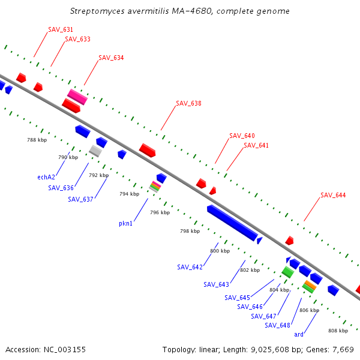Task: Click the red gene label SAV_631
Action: tap(61, 29)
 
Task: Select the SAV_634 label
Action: tap(111, 58)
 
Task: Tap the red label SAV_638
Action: tap(189, 103)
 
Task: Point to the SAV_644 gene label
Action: tap(333, 195)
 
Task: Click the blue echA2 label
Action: tap(46, 177)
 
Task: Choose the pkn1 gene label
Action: tap(125, 223)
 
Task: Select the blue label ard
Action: tap(299, 334)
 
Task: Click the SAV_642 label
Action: tap(190, 267)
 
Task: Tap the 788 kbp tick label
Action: tap(37, 140)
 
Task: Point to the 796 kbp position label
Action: tap(160, 212)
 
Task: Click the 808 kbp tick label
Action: tap(338, 331)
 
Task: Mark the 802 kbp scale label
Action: tap(250, 270)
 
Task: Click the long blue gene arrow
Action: tap(232, 223)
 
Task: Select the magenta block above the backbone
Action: tap(77, 97)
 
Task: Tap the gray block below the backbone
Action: tap(95, 151)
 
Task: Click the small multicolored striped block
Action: tap(155, 187)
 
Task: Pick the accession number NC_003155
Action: tap(65, 350)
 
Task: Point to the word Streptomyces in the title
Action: tap(97, 11)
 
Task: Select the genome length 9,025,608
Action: tap(270, 350)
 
